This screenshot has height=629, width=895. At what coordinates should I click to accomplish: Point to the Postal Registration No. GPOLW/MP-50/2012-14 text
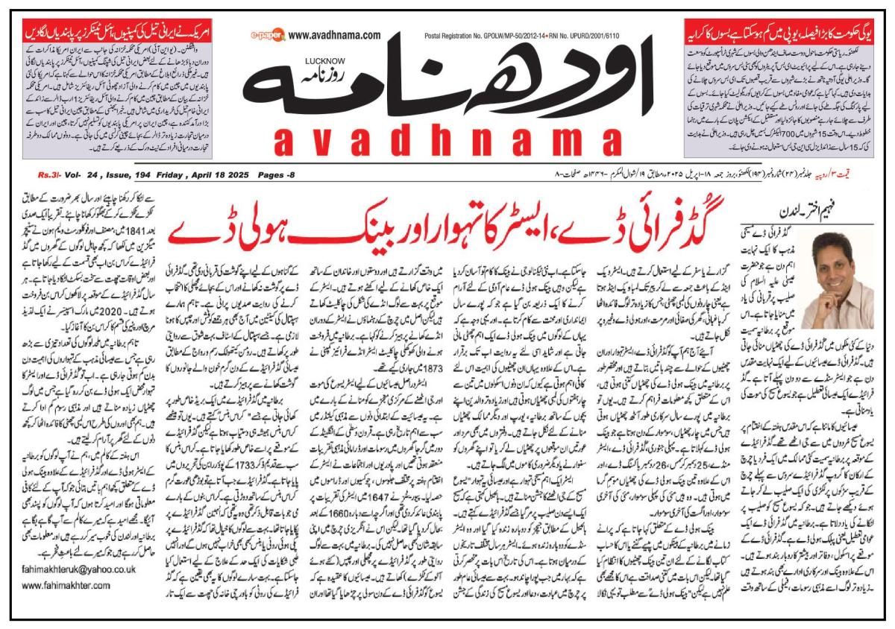point(501,35)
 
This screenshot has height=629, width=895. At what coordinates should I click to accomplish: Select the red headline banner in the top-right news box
point(780,34)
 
